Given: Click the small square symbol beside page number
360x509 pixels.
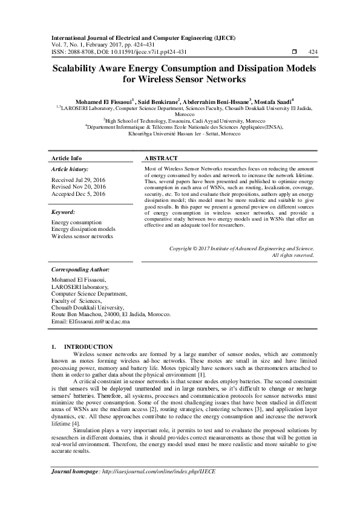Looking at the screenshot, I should pyautogui.click(x=294, y=52).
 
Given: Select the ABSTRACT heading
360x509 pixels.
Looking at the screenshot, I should pyautogui.click(x=159, y=158).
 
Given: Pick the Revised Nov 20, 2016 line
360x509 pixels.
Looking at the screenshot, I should pyautogui.click(x=78, y=187).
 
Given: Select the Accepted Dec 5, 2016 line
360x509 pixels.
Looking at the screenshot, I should pyautogui.click(x=78, y=193).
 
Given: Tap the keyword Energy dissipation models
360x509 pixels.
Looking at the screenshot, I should pyautogui.click(x=82, y=229).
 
